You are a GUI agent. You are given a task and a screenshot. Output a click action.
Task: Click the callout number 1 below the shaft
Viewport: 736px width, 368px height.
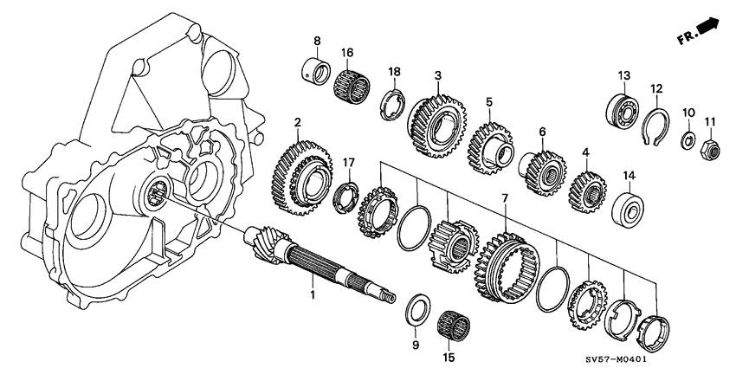[314, 295]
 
